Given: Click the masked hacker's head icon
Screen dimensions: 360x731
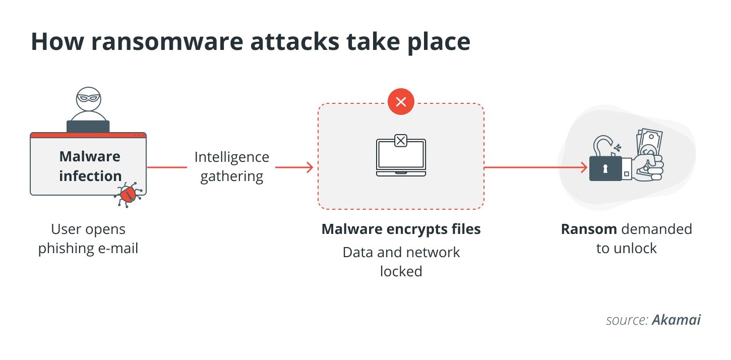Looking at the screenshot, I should (88, 101).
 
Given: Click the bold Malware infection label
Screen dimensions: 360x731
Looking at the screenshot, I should (90, 166).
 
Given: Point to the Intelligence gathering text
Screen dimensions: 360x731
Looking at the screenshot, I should (232, 167).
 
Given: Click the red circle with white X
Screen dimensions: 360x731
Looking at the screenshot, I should (401, 102).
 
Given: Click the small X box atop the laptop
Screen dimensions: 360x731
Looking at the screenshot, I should (401, 141).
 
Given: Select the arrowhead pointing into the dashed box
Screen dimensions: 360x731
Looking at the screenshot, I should (310, 167).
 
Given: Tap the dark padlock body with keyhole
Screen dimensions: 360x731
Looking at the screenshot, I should (605, 168).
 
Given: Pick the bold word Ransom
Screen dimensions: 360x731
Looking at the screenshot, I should (589, 229).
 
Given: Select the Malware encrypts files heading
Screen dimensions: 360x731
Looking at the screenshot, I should (401, 229).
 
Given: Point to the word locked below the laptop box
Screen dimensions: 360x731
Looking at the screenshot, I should (401, 271).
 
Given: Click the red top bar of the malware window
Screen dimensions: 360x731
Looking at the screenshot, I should (88, 135).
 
